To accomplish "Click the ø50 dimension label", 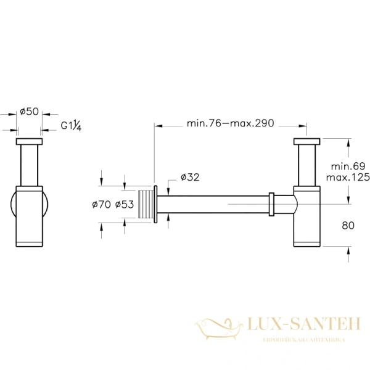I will click(x=29, y=111).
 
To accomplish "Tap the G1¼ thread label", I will click(x=72, y=126).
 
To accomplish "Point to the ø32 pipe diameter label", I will click(x=191, y=178).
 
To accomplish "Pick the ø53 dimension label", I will click(x=125, y=205).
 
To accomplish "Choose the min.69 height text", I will click(x=348, y=166).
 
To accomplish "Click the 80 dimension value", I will click(x=348, y=226).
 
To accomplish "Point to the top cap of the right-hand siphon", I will click(x=306, y=142).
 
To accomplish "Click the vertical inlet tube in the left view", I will click(x=29, y=165).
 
